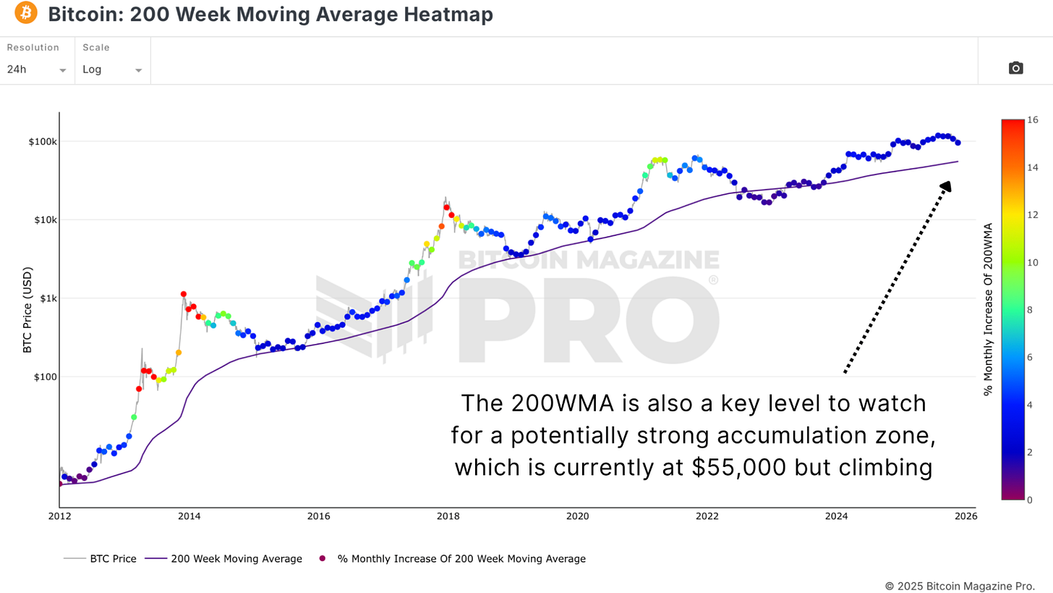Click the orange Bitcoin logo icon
[25, 13]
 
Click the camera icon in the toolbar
[1015, 68]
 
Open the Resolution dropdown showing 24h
[36, 70]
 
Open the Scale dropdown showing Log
[112, 70]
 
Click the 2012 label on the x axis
[59, 516]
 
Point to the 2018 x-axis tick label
[448, 516]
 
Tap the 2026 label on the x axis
[965, 516]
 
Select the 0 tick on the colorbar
[1029, 500]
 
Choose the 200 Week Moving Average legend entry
[223, 559]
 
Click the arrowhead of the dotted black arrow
[946, 187]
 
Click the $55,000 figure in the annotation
[738, 468]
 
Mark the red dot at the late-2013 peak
[184, 294]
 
